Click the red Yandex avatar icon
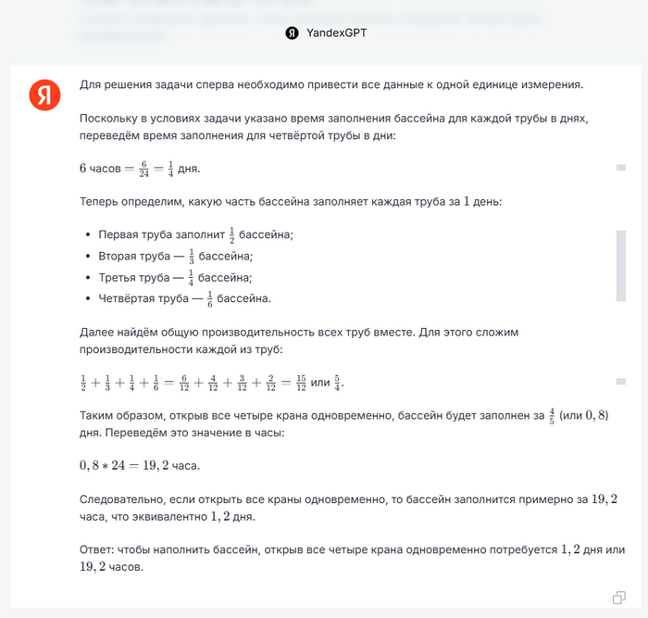(44, 95)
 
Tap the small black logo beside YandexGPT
(292, 32)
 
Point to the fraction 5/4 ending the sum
(337, 383)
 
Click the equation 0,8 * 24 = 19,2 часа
(139, 464)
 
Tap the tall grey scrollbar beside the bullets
(620, 266)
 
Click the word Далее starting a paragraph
(96, 332)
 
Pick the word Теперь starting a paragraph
(100, 201)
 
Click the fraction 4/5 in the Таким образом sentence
(551, 416)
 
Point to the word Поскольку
(110, 119)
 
